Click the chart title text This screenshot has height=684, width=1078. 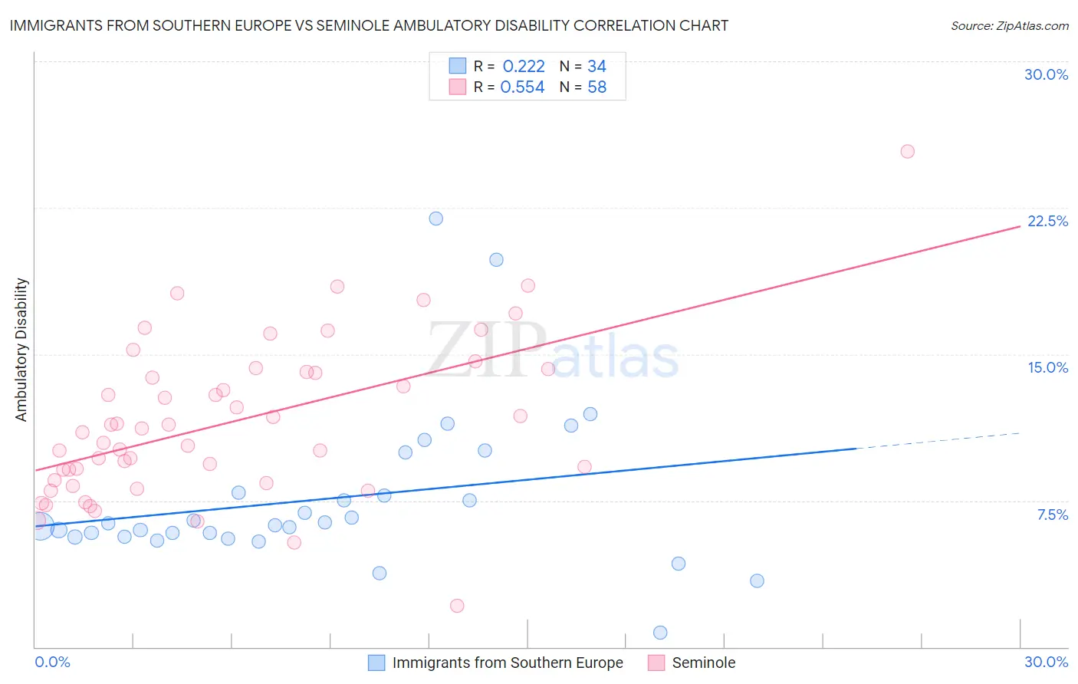pos(369,25)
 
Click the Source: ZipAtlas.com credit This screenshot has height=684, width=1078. pos(1009,25)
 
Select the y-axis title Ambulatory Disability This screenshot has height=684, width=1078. pos(21,350)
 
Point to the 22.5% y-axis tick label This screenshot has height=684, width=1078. pos(1047,221)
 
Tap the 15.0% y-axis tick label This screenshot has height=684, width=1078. pos(1047,367)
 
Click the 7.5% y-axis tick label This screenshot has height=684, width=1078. pos(1052,515)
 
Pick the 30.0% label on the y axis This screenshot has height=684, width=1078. pos(1046,74)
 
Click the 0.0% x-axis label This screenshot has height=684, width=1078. pos(52,662)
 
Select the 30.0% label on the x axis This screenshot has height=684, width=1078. pos(1046,662)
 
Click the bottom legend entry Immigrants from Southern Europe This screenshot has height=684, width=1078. pos(507,663)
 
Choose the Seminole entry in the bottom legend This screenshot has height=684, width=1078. pos(703,663)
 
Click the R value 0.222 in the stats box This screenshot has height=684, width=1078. pos(523,67)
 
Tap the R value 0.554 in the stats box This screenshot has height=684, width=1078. pos(522,87)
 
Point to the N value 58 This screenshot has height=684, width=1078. pos(597,87)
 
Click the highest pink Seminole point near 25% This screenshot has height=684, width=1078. pos(907,151)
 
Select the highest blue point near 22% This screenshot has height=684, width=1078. pos(435,219)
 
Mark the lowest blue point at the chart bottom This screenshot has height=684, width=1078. pos(660,633)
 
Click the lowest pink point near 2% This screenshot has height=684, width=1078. pos(457,606)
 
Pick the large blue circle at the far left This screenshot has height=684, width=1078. pos(41,527)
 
